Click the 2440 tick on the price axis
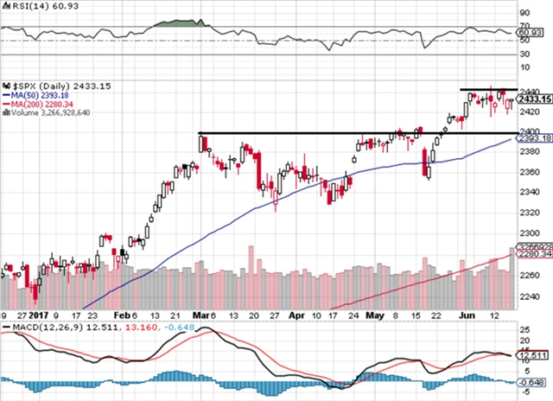[x=530, y=91]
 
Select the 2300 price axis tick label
[x=530, y=233]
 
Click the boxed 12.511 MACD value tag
[x=532, y=354]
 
